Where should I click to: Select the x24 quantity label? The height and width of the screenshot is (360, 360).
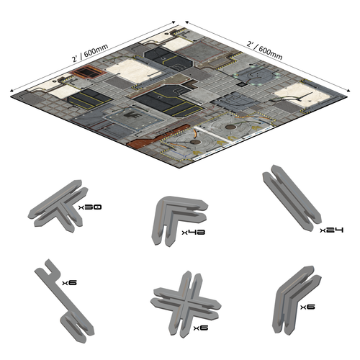tap(331, 230)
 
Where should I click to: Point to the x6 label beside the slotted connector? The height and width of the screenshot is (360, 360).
tap(70, 282)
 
